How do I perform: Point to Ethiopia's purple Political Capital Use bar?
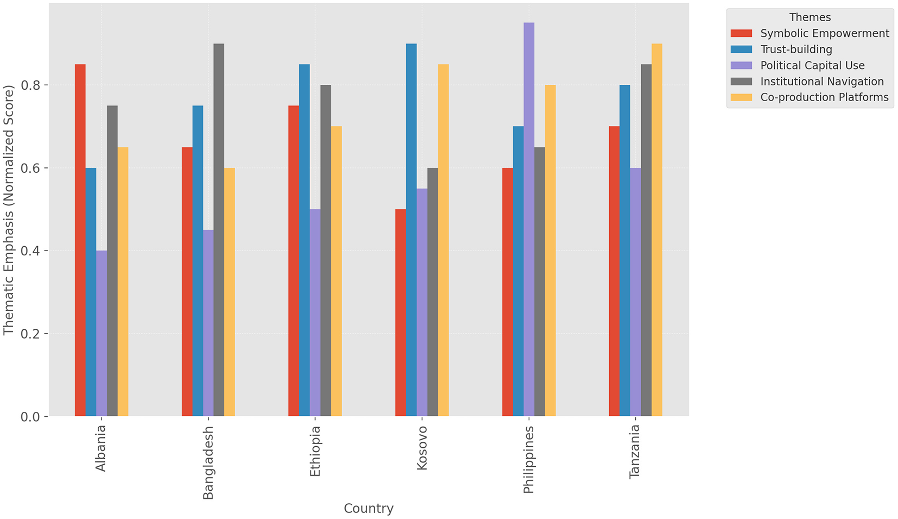(x=315, y=312)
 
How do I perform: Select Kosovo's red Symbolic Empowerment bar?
(x=400, y=312)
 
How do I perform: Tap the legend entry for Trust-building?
(x=796, y=49)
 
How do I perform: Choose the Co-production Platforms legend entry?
(x=824, y=97)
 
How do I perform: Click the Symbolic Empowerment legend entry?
(x=824, y=34)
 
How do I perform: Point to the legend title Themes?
(x=810, y=17)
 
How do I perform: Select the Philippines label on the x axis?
(x=528, y=459)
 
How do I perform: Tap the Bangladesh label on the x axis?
(x=208, y=462)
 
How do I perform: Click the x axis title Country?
(x=368, y=509)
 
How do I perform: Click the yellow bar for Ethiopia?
(x=336, y=271)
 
